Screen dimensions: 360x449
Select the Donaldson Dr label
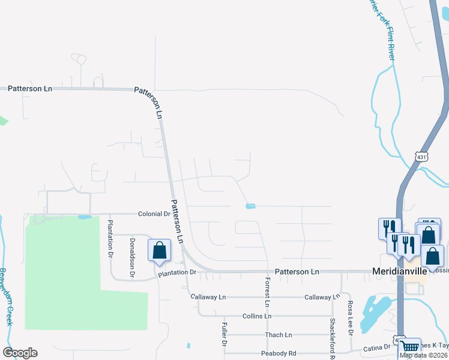(x=132, y=257)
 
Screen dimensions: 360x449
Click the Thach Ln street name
(x=278, y=335)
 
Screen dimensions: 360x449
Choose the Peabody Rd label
(x=279, y=353)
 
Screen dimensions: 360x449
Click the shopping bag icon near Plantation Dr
(x=160, y=250)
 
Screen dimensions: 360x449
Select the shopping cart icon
(x=410, y=346)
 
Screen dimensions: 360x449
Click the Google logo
(x=20, y=353)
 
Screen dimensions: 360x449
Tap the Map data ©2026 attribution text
(x=423, y=355)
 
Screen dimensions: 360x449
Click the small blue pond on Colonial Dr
(x=84, y=217)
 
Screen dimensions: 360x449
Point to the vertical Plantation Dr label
(x=110, y=237)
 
